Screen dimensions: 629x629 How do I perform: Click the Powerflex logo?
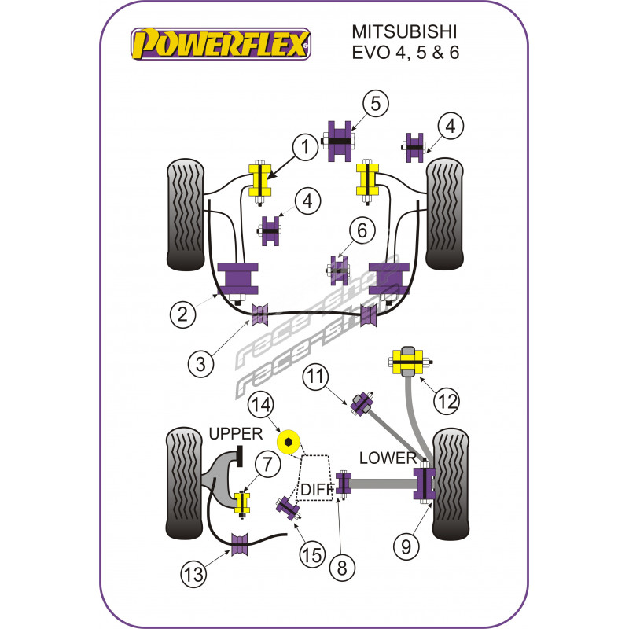[x=220, y=43]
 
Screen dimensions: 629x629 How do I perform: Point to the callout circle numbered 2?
[x=182, y=315]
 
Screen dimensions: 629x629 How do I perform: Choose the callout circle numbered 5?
[x=375, y=103]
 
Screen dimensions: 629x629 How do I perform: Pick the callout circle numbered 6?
[x=362, y=231]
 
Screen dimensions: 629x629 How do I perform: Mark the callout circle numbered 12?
[x=447, y=403]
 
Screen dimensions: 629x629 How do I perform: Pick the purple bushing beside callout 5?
[x=339, y=141]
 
